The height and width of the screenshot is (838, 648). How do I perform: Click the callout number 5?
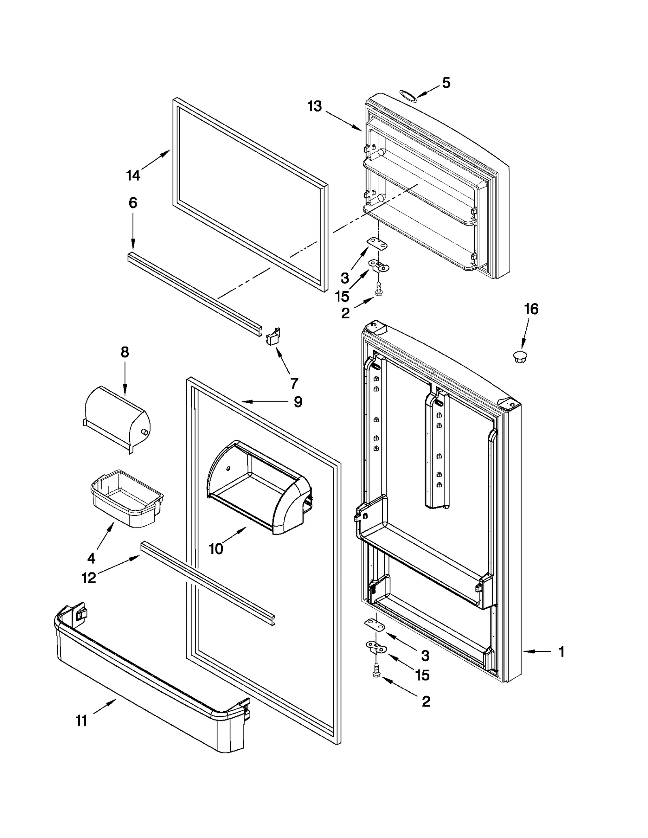[x=446, y=83]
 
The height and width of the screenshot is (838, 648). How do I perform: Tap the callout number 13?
[x=314, y=106]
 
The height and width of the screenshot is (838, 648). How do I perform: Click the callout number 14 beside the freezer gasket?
[x=133, y=175]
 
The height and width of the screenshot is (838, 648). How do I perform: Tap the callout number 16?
[x=531, y=309]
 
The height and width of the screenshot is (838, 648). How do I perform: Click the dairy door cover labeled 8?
[x=117, y=419]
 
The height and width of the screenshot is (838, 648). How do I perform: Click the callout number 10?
[x=216, y=549]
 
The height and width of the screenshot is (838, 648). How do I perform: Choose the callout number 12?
[x=89, y=577]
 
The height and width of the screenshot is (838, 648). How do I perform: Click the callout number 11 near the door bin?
[x=81, y=721]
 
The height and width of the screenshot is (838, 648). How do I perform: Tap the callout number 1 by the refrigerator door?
[x=562, y=651]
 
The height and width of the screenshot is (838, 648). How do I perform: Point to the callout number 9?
[x=298, y=402]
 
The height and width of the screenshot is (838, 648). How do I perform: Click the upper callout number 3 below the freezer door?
[x=345, y=278]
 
